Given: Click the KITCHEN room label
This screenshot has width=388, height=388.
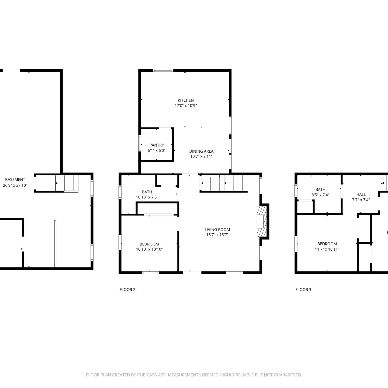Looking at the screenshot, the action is pos(185,100).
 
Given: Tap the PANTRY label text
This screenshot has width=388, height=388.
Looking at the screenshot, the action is pos(156,145).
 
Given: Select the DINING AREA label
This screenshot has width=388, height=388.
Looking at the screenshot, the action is pos(201,151).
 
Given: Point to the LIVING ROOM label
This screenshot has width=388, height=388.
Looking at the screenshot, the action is pos(217,229).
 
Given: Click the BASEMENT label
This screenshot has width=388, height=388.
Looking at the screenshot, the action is pos(15,180).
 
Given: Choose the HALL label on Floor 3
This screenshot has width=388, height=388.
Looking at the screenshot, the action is pos(361,194).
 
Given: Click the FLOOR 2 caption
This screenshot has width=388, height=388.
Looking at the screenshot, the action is pos(127,289).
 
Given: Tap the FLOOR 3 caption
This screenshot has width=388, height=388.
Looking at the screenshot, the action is pos(303,289).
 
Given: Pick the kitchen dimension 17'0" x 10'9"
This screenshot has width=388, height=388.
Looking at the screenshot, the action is pos(185,106).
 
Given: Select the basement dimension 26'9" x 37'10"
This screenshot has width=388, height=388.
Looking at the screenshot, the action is pos(15,185).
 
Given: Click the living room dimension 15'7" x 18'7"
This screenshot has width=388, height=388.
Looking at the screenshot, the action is pos(217,235).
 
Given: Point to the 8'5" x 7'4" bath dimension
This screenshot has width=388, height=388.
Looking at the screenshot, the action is pos(320,195).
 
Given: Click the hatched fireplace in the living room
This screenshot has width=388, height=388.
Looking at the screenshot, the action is pos(261,221).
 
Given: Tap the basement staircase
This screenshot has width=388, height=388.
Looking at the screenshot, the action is pos(67,183).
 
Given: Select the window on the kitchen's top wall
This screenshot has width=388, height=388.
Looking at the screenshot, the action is pos(163,70).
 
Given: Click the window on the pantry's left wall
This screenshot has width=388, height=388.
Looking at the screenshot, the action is pos(140,143).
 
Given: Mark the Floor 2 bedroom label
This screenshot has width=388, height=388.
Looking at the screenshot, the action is pos(149,244).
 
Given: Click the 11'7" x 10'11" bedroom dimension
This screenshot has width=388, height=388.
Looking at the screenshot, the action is pos(327,249).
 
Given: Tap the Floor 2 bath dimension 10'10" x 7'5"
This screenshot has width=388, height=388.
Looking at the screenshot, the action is pos(147,197).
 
